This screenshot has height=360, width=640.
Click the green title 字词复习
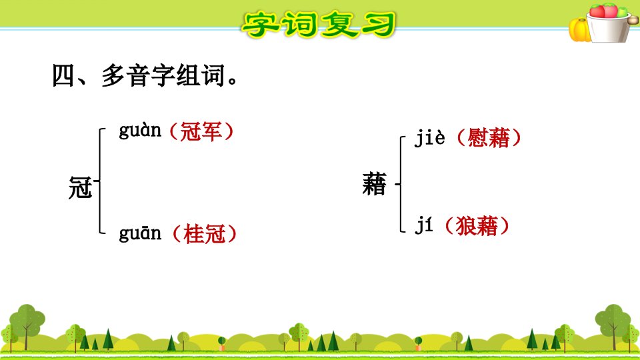coord(319,25)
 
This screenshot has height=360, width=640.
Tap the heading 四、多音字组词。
coord(145,75)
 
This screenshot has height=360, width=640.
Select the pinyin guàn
coord(140,131)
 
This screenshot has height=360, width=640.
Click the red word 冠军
coord(201,131)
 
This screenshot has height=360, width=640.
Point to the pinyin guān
coord(140,233)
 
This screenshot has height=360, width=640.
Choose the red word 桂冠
coord(205,234)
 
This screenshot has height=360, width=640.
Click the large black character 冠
coord(81,187)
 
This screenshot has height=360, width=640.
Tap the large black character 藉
coord(374,184)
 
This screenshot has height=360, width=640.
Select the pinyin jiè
coord(429,137)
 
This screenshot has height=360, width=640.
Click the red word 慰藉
coord(489,137)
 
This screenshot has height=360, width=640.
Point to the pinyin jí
coord(423,226)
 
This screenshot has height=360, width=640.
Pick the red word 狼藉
coord(477,226)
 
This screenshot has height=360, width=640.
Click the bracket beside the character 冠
coord(100,181)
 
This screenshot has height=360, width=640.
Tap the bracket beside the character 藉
coord(401,184)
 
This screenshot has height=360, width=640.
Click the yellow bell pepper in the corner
coord(579,30)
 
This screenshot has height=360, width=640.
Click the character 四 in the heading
coord(64,76)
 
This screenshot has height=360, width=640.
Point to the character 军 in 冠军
coord(211,131)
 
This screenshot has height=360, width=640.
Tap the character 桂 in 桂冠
coord(194,234)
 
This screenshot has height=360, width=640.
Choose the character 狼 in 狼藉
coord(466,226)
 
